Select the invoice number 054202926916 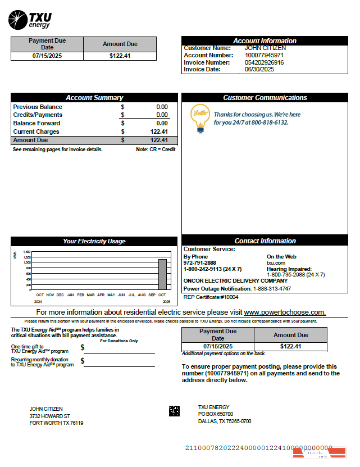point(264,62)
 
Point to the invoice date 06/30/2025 point(259,70)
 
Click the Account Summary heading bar point(94,98)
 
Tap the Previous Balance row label point(38,107)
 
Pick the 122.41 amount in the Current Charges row point(159,132)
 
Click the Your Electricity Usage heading point(94,241)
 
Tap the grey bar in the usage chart point(162,274)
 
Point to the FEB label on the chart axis point(80,294)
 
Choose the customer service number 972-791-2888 point(199,262)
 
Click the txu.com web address point(276,262)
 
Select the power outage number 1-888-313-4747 point(272,288)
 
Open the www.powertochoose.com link point(284,312)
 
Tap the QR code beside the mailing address point(174,411)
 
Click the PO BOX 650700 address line point(216,414)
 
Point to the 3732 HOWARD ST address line point(49,416)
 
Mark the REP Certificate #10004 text point(211,297)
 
